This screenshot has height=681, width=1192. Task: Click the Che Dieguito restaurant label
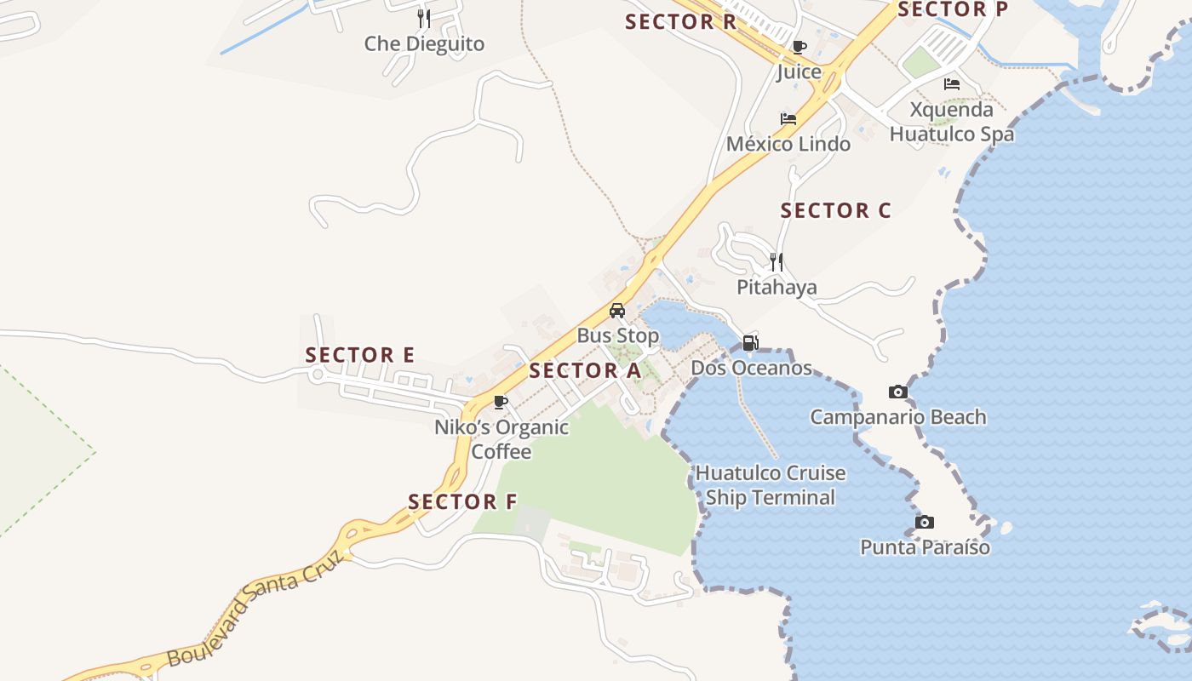pos(424,44)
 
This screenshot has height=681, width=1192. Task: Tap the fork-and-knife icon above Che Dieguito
pos(424,18)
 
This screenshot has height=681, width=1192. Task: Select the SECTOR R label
pos(680,22)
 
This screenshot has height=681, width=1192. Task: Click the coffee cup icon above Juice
pos(799,47)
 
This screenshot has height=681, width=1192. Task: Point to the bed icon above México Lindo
pos(788,119)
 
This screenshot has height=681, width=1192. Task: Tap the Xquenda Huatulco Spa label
pos(952,122)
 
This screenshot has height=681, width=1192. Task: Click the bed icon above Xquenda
pos(952,84)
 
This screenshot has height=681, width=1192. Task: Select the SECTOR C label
pos(835,210)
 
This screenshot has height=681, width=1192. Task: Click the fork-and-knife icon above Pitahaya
pos(777,261)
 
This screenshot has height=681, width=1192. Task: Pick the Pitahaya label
pos(777,288)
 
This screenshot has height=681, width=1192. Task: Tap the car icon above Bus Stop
pos(617,311)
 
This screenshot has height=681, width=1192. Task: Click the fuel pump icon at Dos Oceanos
pos(750,343)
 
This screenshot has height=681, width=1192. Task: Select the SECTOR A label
pos(584,371)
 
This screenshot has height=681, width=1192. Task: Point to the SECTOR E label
pos(360,355)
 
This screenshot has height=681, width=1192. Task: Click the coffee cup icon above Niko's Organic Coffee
pos(501,402)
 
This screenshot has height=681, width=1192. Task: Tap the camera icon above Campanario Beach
pos(897,392)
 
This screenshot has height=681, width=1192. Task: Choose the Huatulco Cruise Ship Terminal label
pos(771,485)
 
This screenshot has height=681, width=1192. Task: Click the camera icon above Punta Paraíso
pos(924,523)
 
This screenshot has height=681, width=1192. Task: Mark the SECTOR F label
pos(462,502)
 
